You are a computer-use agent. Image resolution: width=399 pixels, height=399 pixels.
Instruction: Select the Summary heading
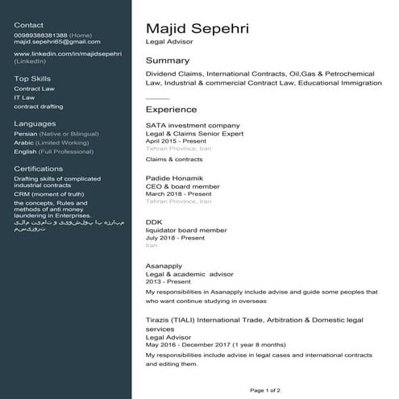(x=167, y=60)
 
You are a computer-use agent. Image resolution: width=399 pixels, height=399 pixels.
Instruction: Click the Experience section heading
(x=171, y=109)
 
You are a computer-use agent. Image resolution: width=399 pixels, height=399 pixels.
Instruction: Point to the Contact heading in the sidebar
(x=29, y=25)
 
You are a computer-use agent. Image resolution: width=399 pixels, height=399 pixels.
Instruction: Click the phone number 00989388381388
(x=40, y=35)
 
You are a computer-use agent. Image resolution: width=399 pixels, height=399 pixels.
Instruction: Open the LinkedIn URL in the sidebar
(x=68, y=53)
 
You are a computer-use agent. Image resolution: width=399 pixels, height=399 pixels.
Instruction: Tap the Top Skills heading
(x=32, y=78)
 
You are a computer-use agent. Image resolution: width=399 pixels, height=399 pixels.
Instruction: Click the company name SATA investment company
(x=193, y=126)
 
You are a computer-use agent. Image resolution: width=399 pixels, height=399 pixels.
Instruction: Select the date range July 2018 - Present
(x=175, y=238)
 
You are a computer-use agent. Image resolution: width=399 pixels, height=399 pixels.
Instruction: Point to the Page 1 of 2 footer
(x=265, y=390)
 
